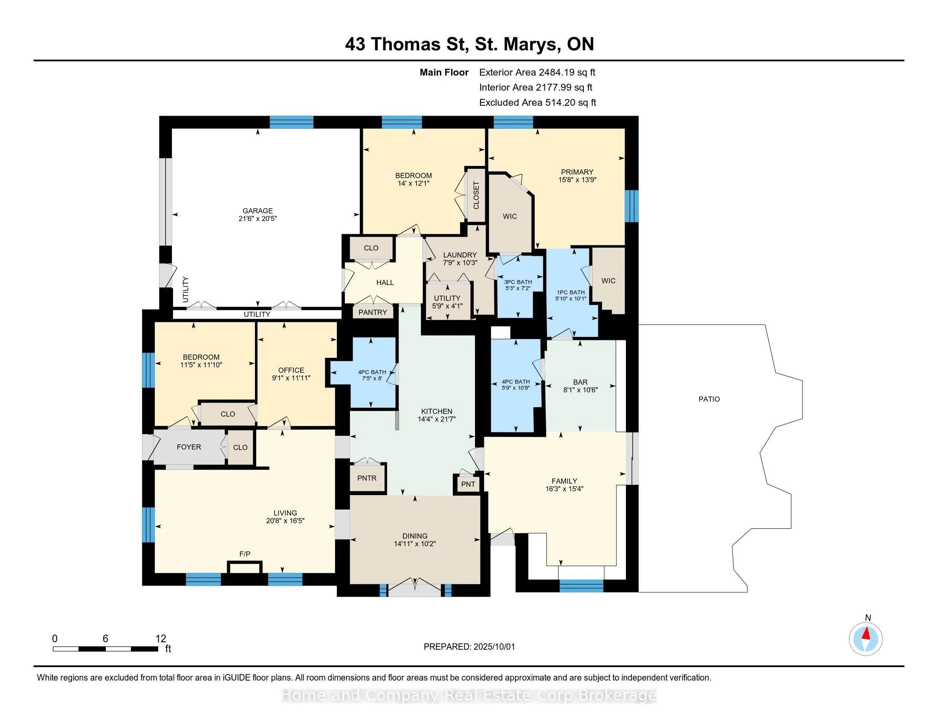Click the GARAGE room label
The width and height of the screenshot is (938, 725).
coord(258,211)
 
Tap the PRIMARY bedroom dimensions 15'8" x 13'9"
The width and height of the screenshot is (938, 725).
coord(577,180)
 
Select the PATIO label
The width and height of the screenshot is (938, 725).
coord(709,399)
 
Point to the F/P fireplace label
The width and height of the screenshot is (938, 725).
coord(245,554)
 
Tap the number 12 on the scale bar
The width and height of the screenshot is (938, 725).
coord(161,639)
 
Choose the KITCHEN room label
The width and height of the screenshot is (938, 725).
coord(437,412)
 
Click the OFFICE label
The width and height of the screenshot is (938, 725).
coord(291,370)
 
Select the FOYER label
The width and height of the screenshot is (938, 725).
coord(189,447)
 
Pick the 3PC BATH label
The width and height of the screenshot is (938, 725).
coord(518,282)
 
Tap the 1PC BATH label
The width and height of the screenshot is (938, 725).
coord(571,293)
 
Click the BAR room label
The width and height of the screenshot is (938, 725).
coord(580,382)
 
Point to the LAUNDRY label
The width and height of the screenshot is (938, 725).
coord(460,255)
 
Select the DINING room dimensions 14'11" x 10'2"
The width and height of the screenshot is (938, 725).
coord(415,544)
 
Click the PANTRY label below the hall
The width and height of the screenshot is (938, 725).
coord(373,312)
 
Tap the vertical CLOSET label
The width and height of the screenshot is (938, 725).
coord(476,195)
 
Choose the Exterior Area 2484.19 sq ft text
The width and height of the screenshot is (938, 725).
coord(537,72)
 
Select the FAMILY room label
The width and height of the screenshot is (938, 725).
coord(565,481)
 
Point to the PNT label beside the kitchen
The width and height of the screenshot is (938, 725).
coord(468,484)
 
